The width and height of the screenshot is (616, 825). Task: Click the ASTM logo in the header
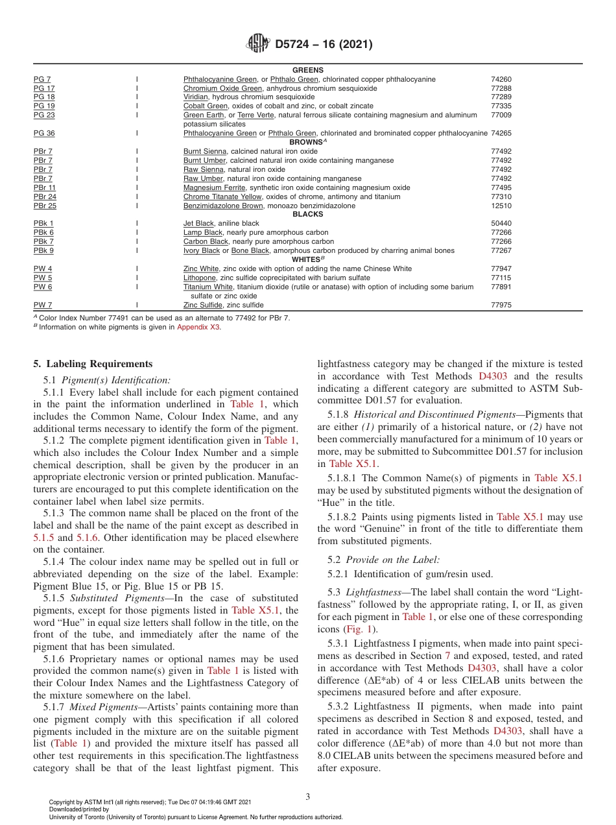point(258,44)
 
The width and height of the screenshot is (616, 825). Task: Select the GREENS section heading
point(307,70)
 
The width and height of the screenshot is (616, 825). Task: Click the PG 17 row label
point(44,88)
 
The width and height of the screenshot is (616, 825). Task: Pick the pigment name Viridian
point(196,97)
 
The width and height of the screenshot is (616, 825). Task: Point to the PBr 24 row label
point(45,197)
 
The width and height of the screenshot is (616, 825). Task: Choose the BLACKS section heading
point(307,214)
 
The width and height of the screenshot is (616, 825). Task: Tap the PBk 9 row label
point(43,250)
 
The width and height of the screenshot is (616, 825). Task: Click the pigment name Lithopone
point(200,278)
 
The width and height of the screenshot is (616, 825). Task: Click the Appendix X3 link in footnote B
point(198,328)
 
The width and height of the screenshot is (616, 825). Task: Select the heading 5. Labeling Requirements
point(93,364)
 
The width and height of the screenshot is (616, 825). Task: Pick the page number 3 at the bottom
point(307,797)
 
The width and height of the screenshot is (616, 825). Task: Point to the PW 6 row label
point(43,287)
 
